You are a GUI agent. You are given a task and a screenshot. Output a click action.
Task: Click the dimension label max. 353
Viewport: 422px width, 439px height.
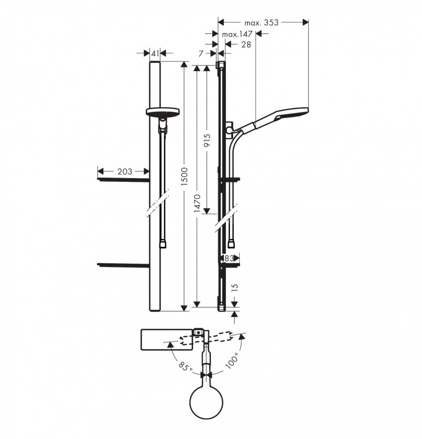[x=261, y=22]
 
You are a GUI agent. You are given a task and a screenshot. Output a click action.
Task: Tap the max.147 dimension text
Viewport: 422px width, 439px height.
[x=237, y=34]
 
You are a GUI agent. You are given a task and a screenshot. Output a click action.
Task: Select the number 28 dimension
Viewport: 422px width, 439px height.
[x=246, y=44]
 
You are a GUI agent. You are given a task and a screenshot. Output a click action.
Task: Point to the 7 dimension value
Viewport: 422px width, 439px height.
[x=201, y=53]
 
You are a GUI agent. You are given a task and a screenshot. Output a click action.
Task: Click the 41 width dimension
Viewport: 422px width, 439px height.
[x=155, y=53]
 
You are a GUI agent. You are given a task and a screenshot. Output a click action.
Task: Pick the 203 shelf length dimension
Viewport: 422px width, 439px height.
[x=124, y=171]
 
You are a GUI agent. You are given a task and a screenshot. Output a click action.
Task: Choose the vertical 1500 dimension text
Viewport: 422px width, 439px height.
[x=184, y=177]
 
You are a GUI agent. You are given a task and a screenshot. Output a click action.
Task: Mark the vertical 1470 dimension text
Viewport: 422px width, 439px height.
[x=197, y=204]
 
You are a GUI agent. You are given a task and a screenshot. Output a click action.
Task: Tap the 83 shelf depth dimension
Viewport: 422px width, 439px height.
[x=229, y=258]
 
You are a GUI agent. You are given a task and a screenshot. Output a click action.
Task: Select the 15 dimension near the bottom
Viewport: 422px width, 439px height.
[x=235, y=288]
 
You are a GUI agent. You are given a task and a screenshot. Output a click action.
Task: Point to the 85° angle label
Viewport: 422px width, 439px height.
[x=186, y=367]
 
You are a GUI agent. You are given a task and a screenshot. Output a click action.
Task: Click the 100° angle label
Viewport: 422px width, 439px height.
[x=232, y=360]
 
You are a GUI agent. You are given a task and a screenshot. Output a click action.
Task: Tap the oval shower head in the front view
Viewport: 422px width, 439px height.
[x=163, y=112]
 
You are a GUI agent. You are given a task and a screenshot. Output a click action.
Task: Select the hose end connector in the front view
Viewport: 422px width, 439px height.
[x=163, y=244]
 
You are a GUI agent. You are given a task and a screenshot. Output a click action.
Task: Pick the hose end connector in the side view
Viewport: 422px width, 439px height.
[x=232, y=244]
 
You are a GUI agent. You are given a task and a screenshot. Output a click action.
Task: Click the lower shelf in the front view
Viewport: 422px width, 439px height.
[x=123, y=265]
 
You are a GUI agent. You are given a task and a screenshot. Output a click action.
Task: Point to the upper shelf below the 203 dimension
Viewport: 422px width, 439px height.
[x=123, y=180]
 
